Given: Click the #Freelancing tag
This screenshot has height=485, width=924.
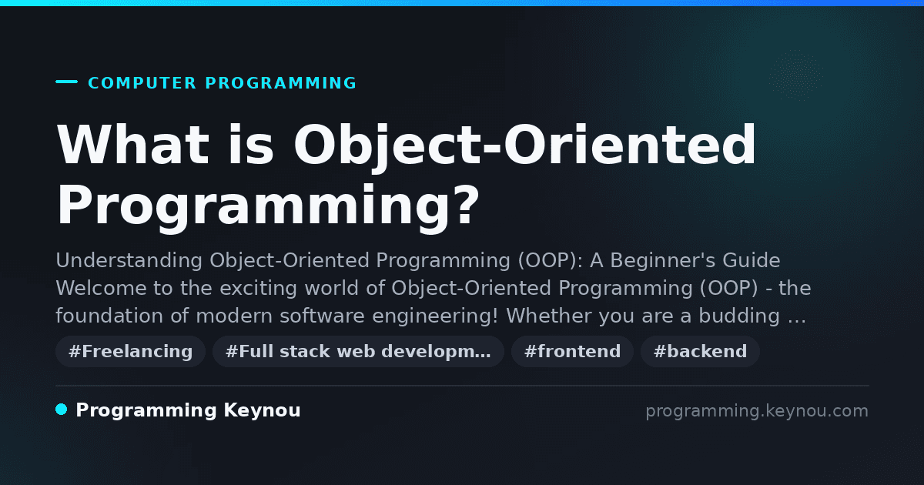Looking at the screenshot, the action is (x=130, y=351).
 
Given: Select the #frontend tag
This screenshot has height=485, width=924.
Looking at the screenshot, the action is (x=572, y=351).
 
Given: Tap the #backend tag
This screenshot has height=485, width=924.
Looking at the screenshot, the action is (x=700, y=351).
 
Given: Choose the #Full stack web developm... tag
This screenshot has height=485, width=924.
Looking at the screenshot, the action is (x=358, y=351).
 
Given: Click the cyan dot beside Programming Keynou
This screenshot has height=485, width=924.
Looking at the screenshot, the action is (x=62, y=410).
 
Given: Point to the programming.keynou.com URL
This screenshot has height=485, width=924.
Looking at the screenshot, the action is (x=757, y=411).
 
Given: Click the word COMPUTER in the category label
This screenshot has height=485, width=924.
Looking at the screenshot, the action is (x=142, y=83).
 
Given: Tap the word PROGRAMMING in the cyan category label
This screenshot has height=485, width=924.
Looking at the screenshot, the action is (x=280, y=83).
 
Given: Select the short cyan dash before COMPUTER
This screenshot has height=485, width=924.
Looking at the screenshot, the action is (x=66, y=82).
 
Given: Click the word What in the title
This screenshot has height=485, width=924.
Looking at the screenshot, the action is (x=132, y=145).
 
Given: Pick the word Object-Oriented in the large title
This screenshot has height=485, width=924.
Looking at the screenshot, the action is (x=524, y=146).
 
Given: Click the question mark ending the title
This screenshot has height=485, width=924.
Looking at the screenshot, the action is (x=465, y=204).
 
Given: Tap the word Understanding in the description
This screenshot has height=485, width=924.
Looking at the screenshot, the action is (x=129, y=261).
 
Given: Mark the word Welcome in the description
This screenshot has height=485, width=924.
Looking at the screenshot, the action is (x=101, y=288).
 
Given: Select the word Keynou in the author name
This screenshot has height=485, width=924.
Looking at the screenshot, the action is (x=262, y=410).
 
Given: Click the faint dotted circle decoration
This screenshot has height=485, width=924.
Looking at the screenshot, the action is (x=795, y=75).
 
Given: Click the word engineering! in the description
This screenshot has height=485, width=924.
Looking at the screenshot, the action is (x=435, y=316).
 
